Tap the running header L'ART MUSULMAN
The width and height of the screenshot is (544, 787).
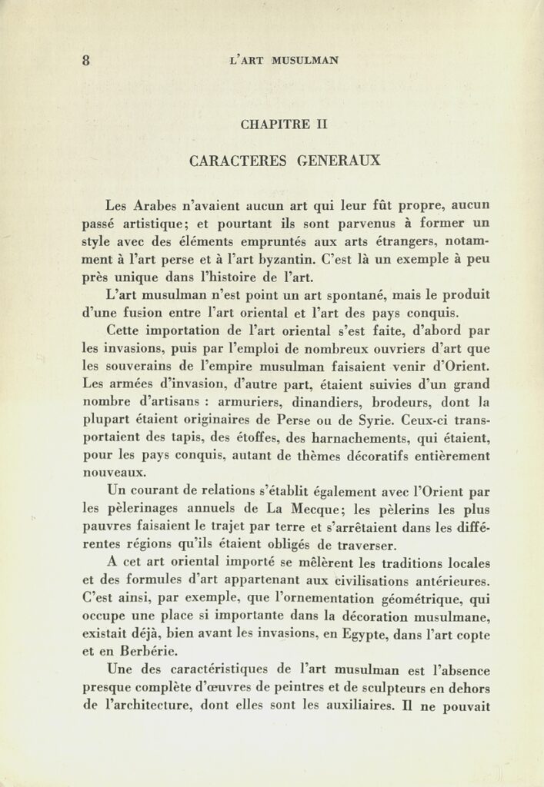click(x=284, y=61)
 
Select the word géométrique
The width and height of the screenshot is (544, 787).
click(x=422, y=599)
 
